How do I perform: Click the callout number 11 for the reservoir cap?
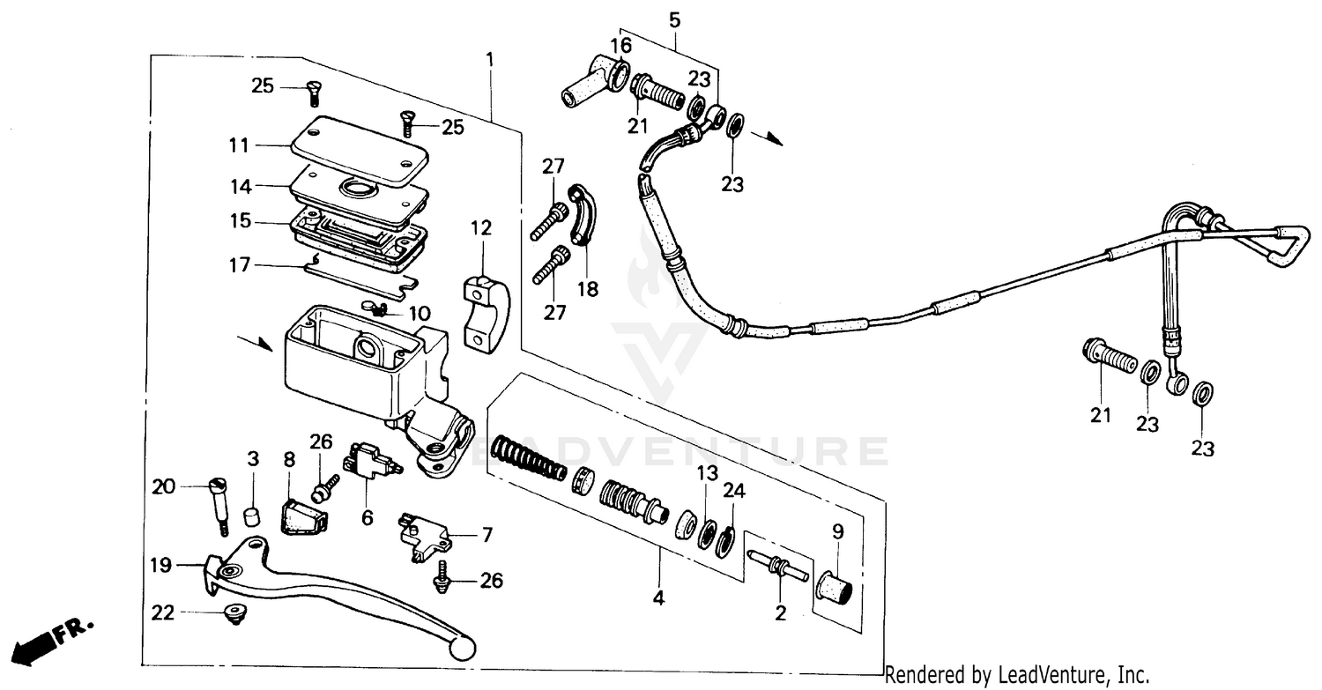[x=238, y=145]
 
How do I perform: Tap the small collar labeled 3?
[x=253, y=515]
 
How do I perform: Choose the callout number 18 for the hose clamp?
[x=587, y=289]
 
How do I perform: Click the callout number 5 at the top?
[x=674, y=18]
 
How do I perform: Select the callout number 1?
[x=490, y=61]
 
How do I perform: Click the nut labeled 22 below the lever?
[x=234, y=615]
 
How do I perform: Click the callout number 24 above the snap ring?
[x=734, y=491]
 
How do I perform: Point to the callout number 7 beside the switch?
[x=486, y=535]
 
